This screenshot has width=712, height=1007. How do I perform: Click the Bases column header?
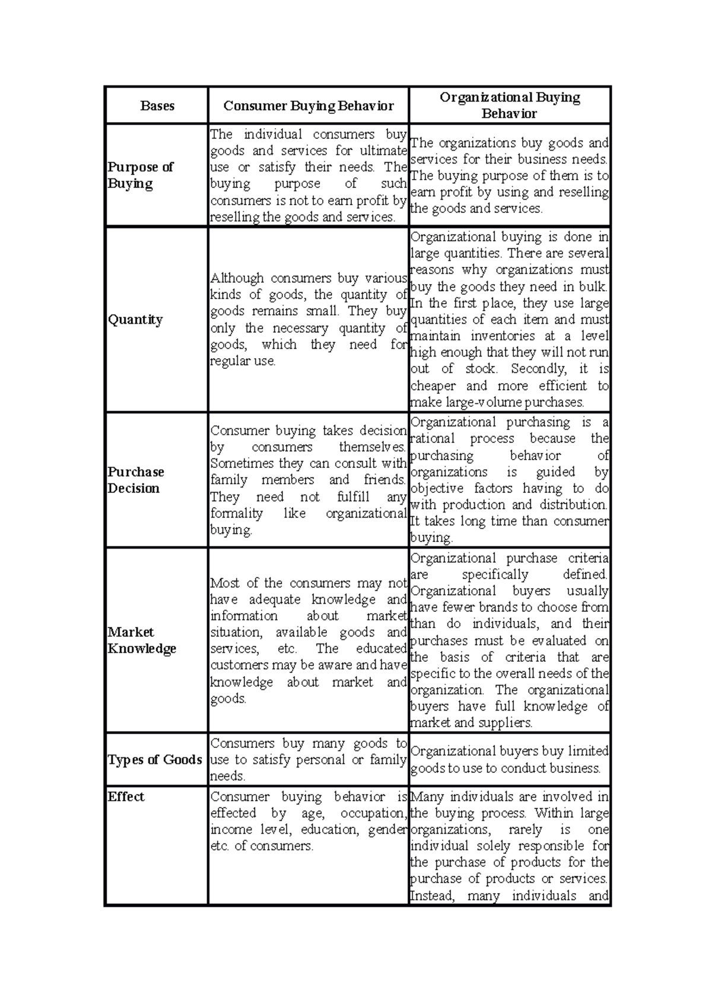pos(157,106)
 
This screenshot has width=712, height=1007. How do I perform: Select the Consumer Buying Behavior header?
pos(308,106)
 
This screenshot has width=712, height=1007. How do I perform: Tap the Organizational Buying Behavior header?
pos(510,105)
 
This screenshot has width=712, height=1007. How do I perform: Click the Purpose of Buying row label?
pos(140,175)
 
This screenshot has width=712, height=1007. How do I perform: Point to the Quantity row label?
pos(135,320)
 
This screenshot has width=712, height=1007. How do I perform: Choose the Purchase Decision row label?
pos(135,480)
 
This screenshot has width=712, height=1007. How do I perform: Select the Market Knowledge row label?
pos(141,640)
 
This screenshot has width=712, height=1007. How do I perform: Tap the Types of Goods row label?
pos(155,760)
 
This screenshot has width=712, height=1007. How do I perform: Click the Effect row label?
pos(126,796)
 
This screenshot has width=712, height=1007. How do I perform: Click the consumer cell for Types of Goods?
pos(308,760)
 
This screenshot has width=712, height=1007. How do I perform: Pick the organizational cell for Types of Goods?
pos(509,760)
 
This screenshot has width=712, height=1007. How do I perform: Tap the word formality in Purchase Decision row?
pos(236,514)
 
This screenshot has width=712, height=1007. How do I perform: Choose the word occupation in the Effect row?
pos(373,813)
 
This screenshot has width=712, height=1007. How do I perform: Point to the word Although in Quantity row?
pos(237,278)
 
